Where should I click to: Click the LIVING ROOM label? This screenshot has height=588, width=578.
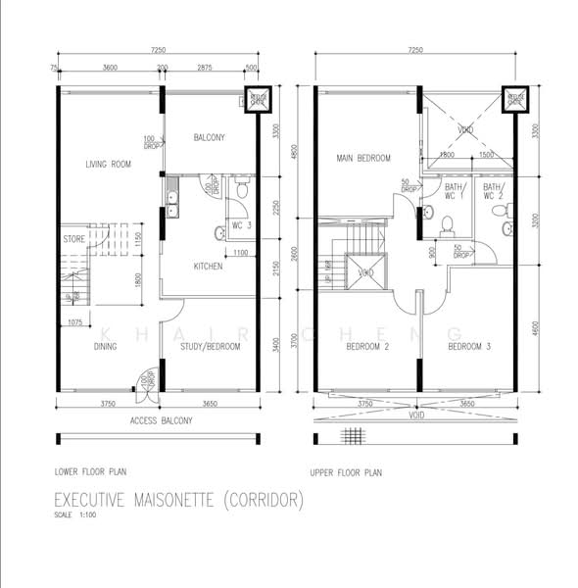point(108,164)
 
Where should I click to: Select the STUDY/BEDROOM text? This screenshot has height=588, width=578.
point(211,346)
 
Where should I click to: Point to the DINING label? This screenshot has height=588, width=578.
point(107,346)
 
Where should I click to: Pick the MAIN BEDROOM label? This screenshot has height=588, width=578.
point(363,158)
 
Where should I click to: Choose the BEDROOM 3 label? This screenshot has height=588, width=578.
point(470,346)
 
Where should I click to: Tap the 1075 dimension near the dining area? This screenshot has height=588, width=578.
point(73,321)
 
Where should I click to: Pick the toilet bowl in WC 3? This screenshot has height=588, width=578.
point(220,233)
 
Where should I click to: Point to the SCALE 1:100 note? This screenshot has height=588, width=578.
point(75,515)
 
